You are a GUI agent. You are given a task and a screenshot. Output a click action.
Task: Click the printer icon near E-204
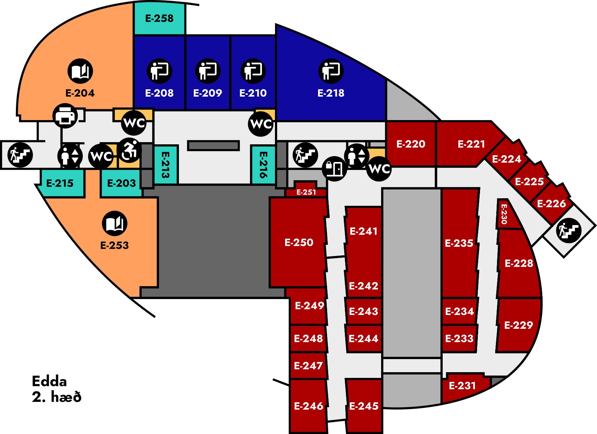[x=65, y=116]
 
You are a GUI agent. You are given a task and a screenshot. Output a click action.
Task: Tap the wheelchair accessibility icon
[x=129, y=150]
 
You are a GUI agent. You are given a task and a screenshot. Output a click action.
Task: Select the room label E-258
[x=159, y=18]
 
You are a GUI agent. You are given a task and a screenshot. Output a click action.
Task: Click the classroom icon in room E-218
[x=331, y=71]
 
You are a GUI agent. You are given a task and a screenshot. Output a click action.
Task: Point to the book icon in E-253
[x=114, y=224]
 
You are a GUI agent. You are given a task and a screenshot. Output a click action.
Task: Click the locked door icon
[x=334, y=169]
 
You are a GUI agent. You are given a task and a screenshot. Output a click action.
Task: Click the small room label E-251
[x=306, y=192]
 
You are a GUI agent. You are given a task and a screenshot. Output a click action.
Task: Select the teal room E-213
[x=166, y=165]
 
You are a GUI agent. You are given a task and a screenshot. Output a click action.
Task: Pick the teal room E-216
[x=263, y=165]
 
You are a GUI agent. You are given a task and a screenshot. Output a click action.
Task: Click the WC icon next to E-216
[x=261, y=124]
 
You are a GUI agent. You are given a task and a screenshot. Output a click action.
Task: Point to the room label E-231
[x=462, y=386]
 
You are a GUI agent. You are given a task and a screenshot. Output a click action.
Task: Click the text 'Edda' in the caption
[x=49, y=382]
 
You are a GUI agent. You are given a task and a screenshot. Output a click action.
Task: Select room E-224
[x=506, y=159]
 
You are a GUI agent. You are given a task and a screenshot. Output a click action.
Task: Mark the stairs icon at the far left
[x=20, y=155]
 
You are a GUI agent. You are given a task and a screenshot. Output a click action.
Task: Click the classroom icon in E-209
[x=208, y=71]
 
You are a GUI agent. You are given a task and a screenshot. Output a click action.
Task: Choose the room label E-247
[x=308, y=366]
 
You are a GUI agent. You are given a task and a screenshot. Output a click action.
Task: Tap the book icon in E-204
[x=80, y=71]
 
